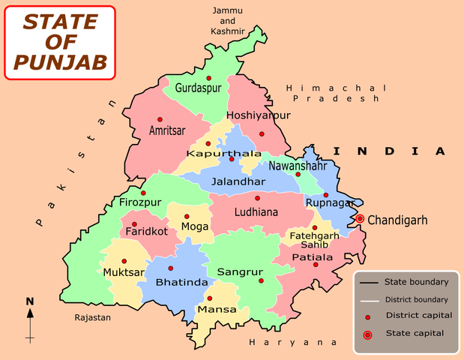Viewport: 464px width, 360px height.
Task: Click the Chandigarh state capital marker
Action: pyautogui.click(x=360, y=219)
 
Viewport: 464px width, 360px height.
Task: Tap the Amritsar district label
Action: pyautogui.click(x=167, y=130)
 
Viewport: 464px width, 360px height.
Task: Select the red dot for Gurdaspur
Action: pyautogui.click(x=209, y=78)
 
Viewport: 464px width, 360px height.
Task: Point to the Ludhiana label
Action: pyautogui.click(x=256, y=212)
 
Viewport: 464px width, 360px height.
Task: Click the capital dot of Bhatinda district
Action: pyautogui.click(x=170, y=268)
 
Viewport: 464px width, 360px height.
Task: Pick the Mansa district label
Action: pyautogui.click(x=217, y=309)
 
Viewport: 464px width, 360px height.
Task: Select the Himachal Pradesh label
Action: pyautogui.click(x=336, y=93)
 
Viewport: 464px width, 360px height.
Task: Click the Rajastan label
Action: pyautogui.click(x=92, y=318)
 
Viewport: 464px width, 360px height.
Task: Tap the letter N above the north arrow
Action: pyautogui.click(x=30, y=301)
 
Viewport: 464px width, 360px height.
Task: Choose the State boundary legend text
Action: pyautogui.click(x=416, y=282)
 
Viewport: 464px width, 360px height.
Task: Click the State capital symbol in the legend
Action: pyautogui.click(x=367, y=334)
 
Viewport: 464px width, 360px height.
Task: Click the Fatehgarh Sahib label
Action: pyautogui.click(x=313, y=240)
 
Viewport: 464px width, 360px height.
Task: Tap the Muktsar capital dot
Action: pyautogui.click(x=124, y=261)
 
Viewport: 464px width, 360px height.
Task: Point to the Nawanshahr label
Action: pyautogui.click(x=298, y=165)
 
